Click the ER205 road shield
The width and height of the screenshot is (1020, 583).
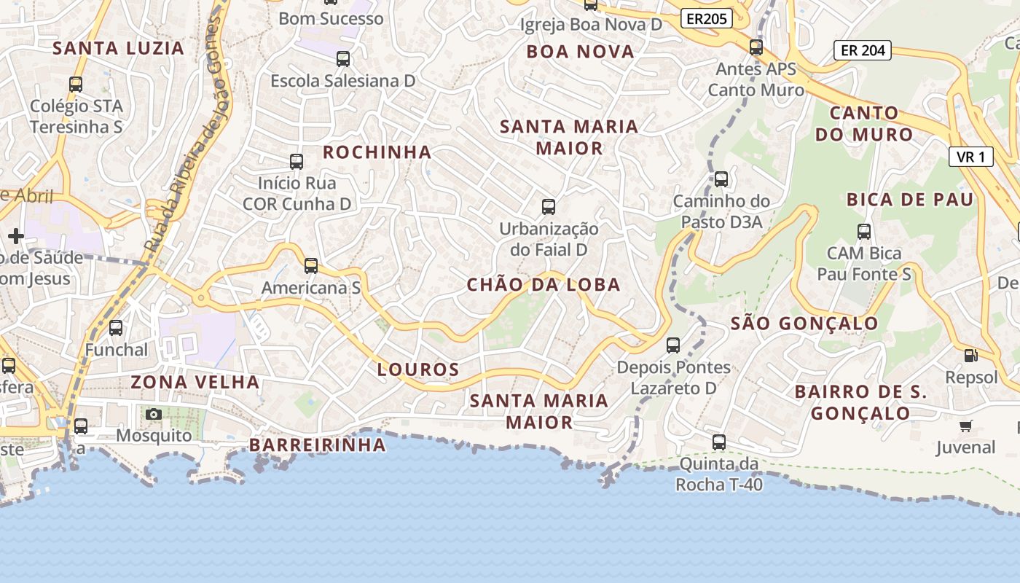pyautogui.click(x=707, y=19)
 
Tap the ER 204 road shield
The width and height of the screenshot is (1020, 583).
pyautogui.click(x=863, y=50)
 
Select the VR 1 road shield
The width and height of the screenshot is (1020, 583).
pyautogui.click(x=971, y=157)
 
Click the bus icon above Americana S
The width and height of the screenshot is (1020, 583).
pyautogui.click(x=311, y=266)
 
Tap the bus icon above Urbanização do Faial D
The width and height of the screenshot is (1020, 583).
pyautogui.click(x=549, y=207)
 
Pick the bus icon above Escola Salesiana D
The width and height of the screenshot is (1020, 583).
pyautogui.click(x=343, y=59)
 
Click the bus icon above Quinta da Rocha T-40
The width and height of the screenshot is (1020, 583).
pyautogui.click(x=719, y=442)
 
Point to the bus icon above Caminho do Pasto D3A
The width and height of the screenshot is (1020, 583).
pyautogui.click(x=721, y=179)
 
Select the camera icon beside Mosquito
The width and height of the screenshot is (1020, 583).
pyautogui.click(x=154, y=415)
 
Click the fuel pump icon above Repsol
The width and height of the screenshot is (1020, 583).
pyautogui.click(x=970, y=356)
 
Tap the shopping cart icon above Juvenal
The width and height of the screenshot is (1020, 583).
pyautogui.click(x=966, y=426)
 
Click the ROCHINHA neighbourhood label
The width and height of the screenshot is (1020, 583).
pyautogui.click(x=377, y=152)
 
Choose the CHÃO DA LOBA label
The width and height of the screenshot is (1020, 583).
pyautogui.click(x=544, y=285)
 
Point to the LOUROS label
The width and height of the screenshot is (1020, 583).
pyautogui.click(x=418, y=370)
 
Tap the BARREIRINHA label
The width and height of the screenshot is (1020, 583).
pyautogui.click(x=318, y=445)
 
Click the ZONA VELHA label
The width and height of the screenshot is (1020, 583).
pyautogui.click(x=195, y=382)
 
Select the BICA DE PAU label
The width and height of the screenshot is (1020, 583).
pyautogui.click(x=910, y=200)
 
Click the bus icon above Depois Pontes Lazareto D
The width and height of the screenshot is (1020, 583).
pyautogui.click(x=673, y=345)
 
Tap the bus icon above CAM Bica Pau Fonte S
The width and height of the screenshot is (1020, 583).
pyautogui.click(x=864, y=232)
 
